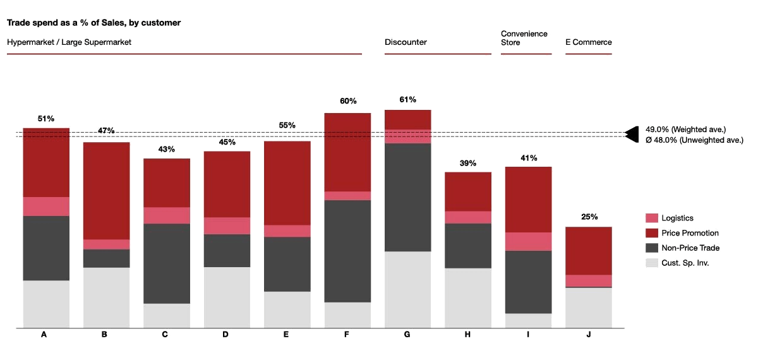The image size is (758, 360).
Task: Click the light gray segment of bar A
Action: tap(46, 304)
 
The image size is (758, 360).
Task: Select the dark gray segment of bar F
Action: tap(347, 251)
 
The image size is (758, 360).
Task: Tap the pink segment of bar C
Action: tap(167, 215)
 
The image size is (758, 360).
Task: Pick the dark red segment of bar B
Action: tap(107, 190)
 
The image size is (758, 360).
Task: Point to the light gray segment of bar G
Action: tap(407, 289)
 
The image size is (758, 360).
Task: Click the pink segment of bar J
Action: tap(588, 281)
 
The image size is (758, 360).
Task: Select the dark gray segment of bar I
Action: tap(529, 282)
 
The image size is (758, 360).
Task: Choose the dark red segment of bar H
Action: tap(468, 191)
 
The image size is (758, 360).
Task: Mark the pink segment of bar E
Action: tap(287, 231)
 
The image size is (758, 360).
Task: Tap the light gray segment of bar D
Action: tap(227, 297)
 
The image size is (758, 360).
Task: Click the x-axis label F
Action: tap(347, 335)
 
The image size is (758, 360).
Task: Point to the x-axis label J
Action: tap(588, 335)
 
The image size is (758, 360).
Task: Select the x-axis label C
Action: tap(167, 335)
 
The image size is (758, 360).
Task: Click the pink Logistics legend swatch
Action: tap(651, 217)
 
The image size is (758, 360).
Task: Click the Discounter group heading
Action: tap(407, 42)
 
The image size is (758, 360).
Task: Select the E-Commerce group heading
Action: tap(588, 42)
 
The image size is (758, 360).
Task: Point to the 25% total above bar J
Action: tap(589, 217)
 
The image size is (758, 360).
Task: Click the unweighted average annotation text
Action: tap(693, 141)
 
